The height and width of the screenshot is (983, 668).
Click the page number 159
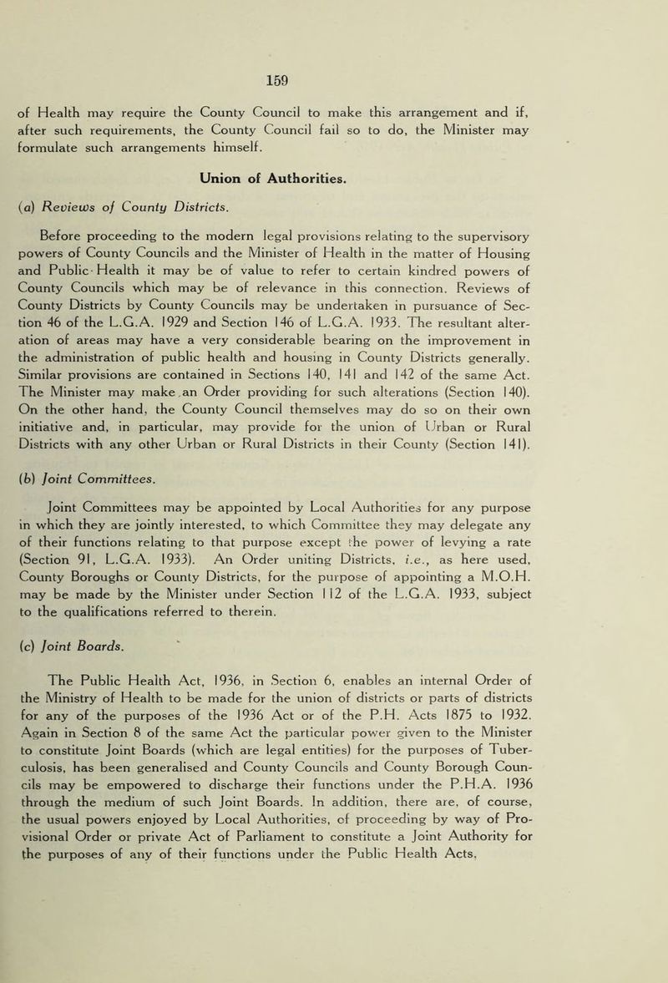coord(333,83)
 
